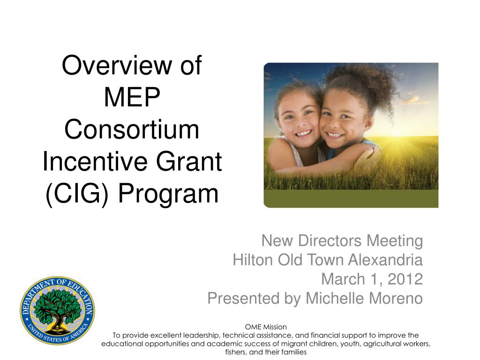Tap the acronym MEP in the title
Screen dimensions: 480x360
(132, 97)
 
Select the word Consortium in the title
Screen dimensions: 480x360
(132, 129)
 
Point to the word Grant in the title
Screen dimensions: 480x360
(189, 161)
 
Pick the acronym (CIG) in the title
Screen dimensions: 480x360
(77, 194)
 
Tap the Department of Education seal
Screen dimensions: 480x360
(57, 310)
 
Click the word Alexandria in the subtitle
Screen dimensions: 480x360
(385, 260)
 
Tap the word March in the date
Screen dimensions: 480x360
(343, 279)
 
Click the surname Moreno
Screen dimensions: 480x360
(395, 299)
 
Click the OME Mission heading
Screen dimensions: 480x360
(266, 327)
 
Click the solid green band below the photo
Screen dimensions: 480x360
(351, 199)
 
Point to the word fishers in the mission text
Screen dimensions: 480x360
(235, 352)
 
